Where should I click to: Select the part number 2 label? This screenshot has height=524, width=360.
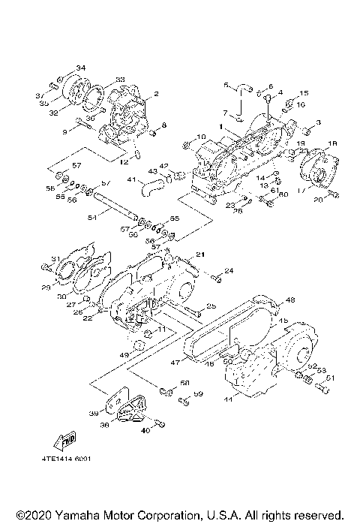tap(156, 94)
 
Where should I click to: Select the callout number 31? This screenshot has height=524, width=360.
tap(55, 260)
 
